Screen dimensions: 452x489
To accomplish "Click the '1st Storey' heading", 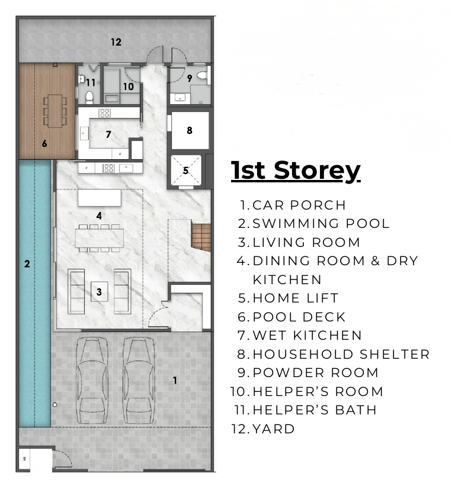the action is click(x=296, y=170).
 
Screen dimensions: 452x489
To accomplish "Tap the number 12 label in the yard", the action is click(x=116, y=42).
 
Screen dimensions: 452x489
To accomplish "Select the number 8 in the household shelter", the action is click(x=190, y=130).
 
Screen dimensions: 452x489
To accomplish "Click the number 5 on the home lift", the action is click(x=186, y=170).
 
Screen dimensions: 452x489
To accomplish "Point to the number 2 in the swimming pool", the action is click(x=27, y=264).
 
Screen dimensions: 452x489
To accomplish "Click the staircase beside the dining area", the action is click(x=201, y=237).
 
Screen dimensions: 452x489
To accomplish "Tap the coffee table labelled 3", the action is click(x=100, y=292).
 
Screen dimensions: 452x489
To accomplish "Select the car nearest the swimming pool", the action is click(x=92, y=380).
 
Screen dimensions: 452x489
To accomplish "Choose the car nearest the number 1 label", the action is click(x=139, y=380).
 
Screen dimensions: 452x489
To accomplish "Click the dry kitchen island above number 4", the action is click(x=100, y=198).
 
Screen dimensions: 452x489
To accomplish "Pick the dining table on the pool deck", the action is click(x=55, y=111).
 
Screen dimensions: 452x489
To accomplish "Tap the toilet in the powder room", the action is click(x=202, y=75).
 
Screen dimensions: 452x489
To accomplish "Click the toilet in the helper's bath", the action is click(x=89, y=98).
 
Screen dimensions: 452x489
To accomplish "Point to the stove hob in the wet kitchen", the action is click(x=104, y=113).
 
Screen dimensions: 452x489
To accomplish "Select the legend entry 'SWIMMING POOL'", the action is click(x=321, y=224).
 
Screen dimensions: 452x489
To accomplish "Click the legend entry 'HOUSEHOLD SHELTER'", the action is click(x=341, y=354).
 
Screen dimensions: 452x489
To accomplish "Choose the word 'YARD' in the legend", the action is click(x=274, y=429).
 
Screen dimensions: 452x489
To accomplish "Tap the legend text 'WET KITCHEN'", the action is click(x=307, y=336).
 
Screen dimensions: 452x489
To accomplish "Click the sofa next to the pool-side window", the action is click(x=76, y=291).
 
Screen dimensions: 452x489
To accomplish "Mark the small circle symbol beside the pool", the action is click(x=55, y=405).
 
